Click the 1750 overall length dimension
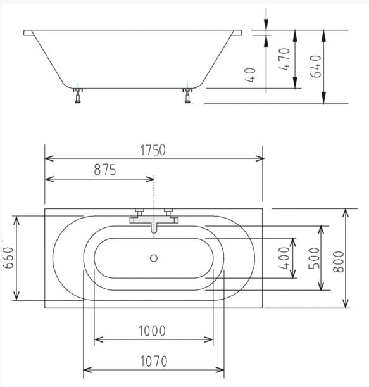(153, 150)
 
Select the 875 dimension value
(105, 170)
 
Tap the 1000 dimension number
(152, 331)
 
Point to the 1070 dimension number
(154, 361)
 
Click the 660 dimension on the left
(9, 258)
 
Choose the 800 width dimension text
(338, 262)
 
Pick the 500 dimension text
(314, 258)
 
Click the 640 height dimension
(316, 67)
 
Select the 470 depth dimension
(284, 60)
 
